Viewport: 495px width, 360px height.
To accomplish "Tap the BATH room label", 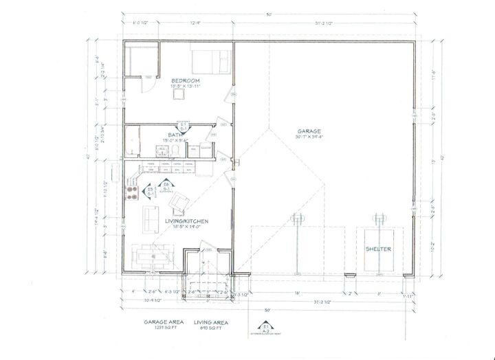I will [174, 135].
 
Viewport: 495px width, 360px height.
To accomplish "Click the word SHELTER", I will [379, 249].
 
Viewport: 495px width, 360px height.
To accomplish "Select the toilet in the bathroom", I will [177, 149].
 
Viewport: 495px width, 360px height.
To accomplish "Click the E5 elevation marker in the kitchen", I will [151, 191].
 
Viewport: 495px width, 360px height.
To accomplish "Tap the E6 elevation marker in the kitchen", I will [166, 186].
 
